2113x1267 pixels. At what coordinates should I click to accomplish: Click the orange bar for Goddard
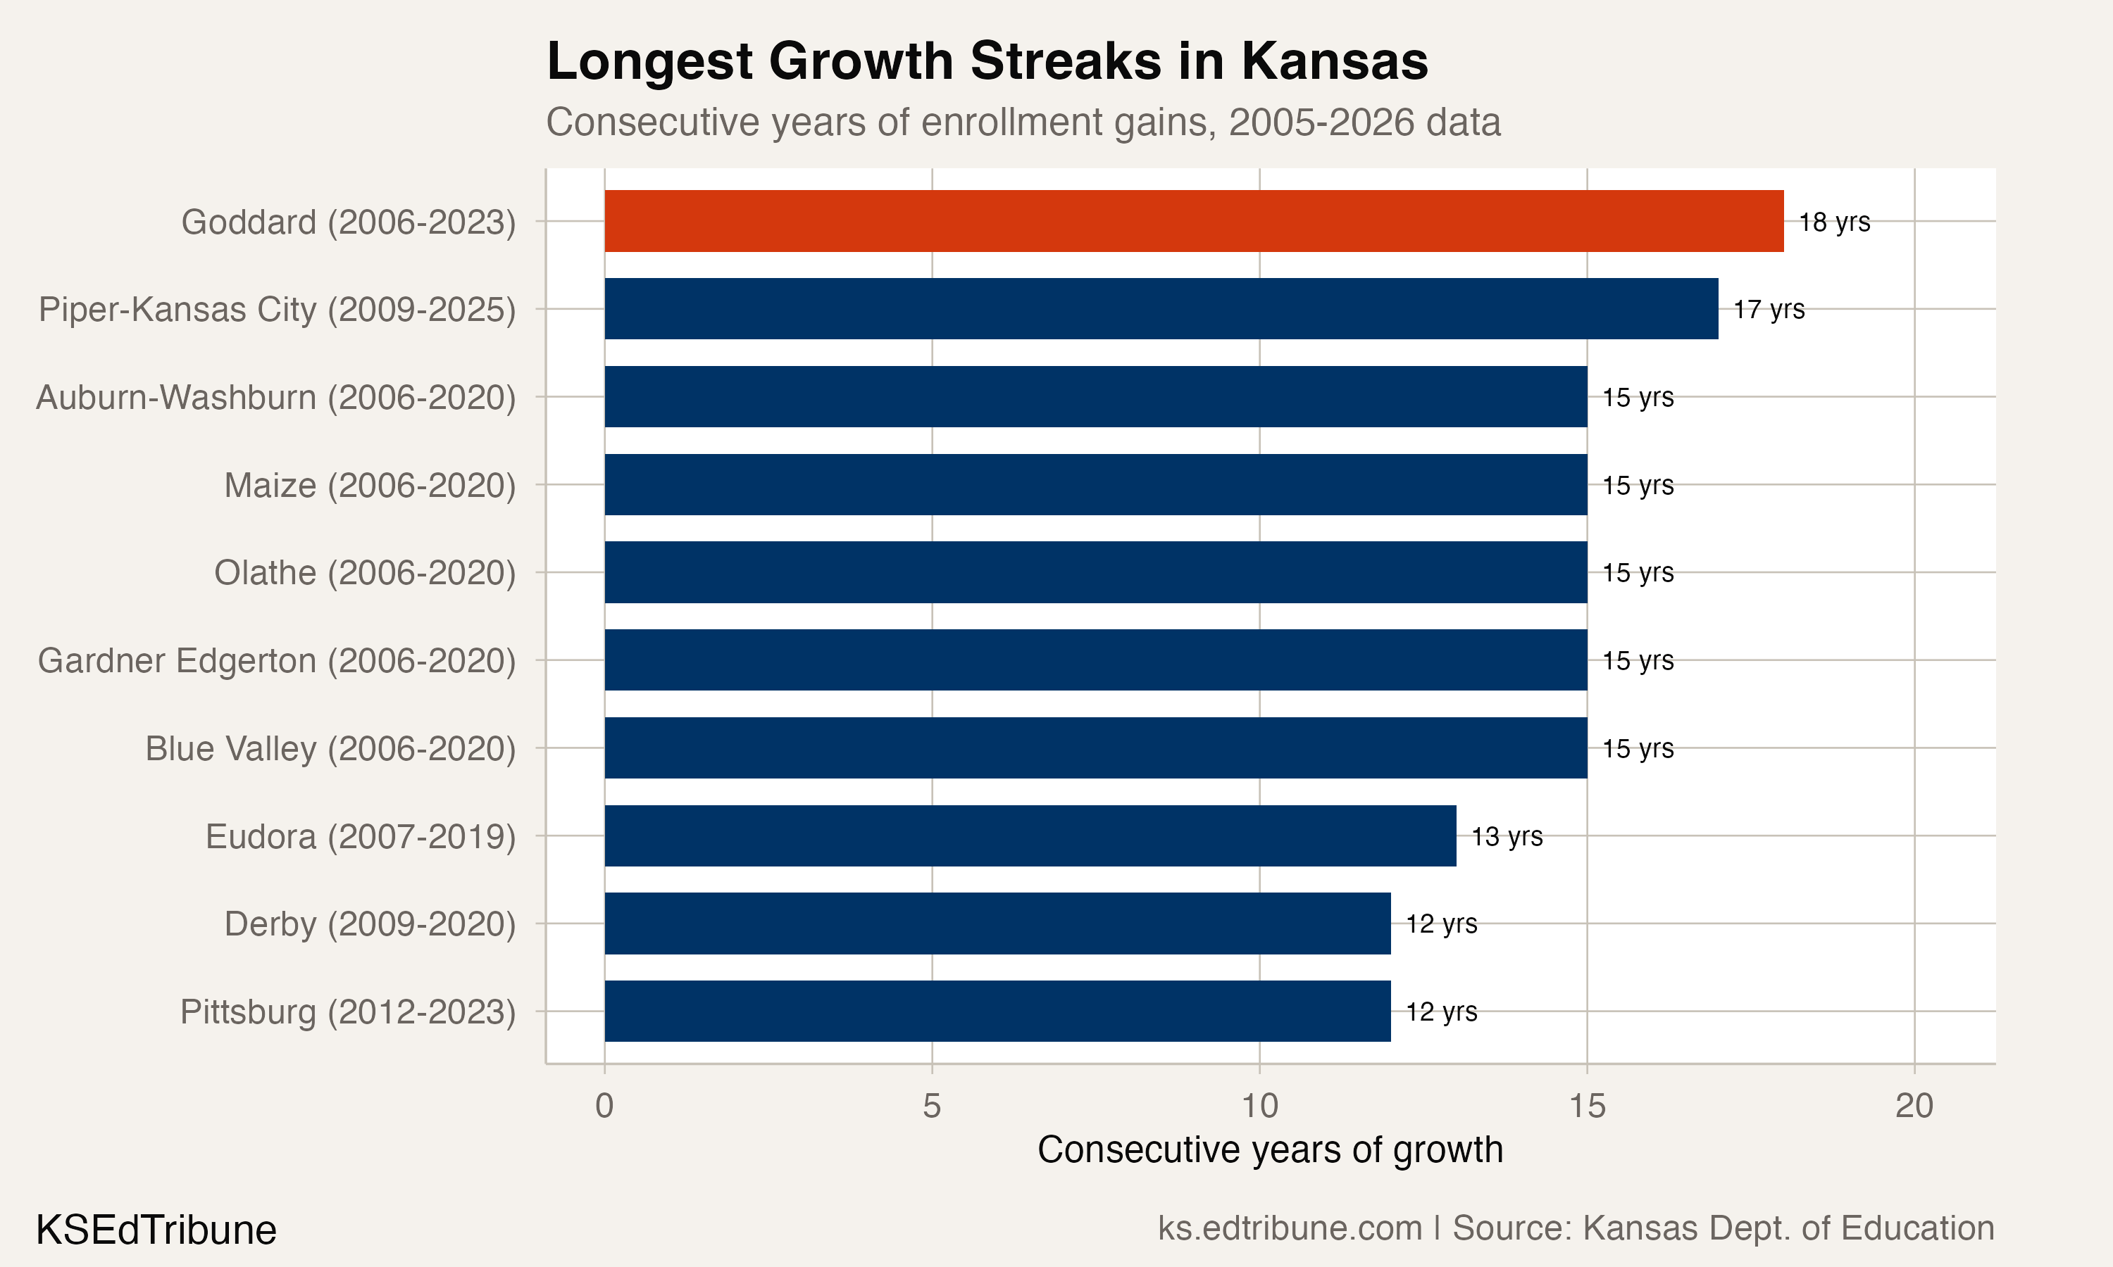point(1193,221)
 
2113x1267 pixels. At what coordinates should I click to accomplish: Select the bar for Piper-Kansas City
point(1161,308)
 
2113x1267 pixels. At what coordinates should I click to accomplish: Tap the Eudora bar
point(1030,835)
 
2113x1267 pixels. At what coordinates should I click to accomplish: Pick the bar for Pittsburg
point(997,1011)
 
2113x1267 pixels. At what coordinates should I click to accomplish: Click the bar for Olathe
point(1095,572)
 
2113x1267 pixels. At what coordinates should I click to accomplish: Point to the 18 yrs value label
point(1833,222)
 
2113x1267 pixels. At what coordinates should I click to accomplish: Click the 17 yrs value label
point(1769,309)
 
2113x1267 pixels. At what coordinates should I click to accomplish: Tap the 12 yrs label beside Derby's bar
point(1441,924)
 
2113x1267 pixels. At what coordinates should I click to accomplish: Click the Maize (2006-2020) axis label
point(370,485)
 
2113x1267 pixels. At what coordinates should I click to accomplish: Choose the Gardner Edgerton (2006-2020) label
point(277,661)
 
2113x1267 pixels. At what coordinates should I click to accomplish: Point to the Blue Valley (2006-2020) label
point(330,749)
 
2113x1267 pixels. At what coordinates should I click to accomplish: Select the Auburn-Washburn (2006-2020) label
point(276,398)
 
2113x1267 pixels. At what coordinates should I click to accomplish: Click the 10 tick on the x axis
point(1259,1107)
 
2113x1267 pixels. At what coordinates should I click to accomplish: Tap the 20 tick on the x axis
point(1914,1107)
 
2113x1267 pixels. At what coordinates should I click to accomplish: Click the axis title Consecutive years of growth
point(1269,1150)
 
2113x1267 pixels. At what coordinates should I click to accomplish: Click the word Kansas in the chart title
point(1334,61)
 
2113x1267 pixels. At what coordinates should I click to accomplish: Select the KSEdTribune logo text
point(156,1230)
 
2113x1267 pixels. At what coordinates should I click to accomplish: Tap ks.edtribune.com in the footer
point(1290,1228)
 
